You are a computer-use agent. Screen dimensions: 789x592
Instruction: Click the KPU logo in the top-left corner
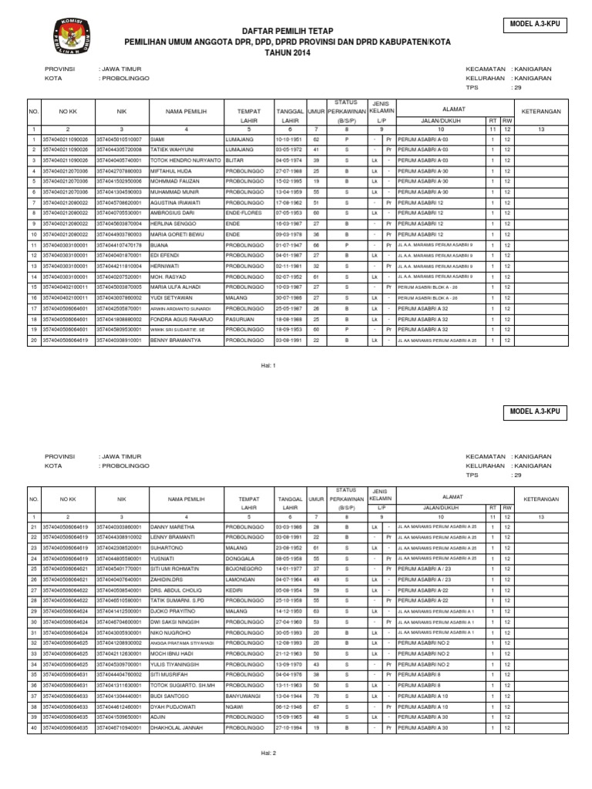[67, 35]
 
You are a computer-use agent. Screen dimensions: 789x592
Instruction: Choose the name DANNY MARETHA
[173, 526]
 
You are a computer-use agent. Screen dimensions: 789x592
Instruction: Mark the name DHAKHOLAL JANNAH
[176, 727]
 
